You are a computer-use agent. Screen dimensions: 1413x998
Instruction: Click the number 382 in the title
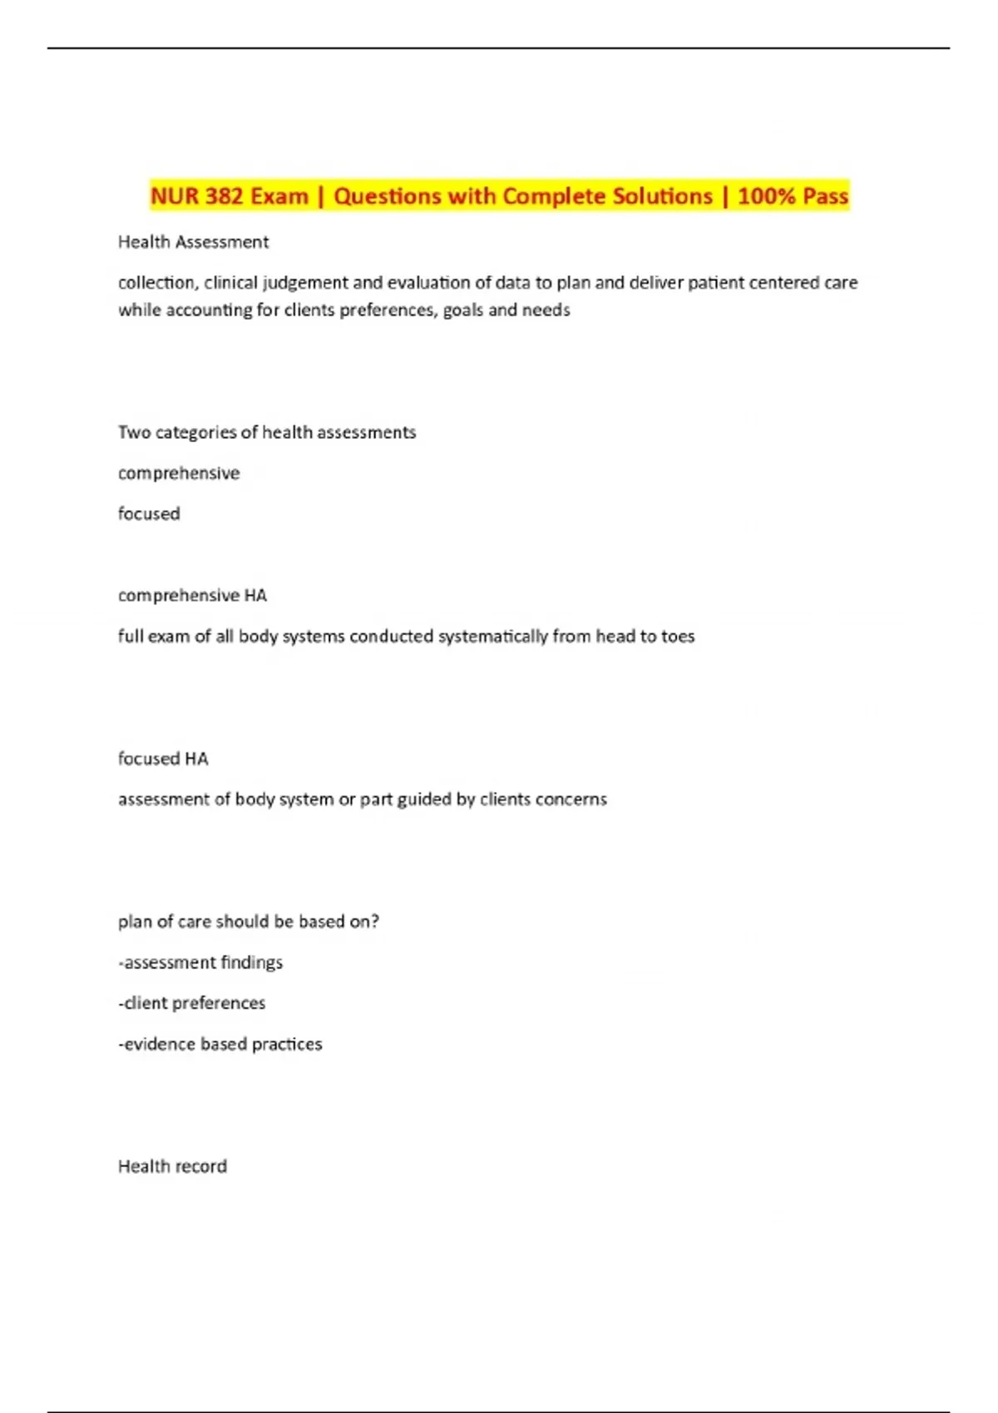[224, 196]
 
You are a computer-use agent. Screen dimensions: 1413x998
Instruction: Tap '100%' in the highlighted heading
[764, 196]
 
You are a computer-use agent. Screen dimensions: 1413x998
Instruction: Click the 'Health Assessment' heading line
[193, 242]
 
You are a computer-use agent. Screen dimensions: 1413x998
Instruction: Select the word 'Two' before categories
[134, 432]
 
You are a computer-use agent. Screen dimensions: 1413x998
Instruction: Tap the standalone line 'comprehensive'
[179, 473]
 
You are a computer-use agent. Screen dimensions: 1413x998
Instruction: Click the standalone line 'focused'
[149, 514]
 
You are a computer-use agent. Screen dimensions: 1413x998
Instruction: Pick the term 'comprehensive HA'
[192, 595]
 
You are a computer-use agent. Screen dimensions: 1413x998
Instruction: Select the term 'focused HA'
[163, 758]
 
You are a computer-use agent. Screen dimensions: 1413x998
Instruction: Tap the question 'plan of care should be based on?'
[249, 922]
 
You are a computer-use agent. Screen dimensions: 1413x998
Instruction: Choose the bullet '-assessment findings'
[200, 963]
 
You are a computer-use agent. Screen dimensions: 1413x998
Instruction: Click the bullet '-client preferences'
[192, 1003]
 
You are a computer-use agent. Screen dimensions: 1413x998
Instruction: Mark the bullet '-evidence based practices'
[220, 1044]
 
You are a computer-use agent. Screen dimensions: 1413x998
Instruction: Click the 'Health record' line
[172, 1166]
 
